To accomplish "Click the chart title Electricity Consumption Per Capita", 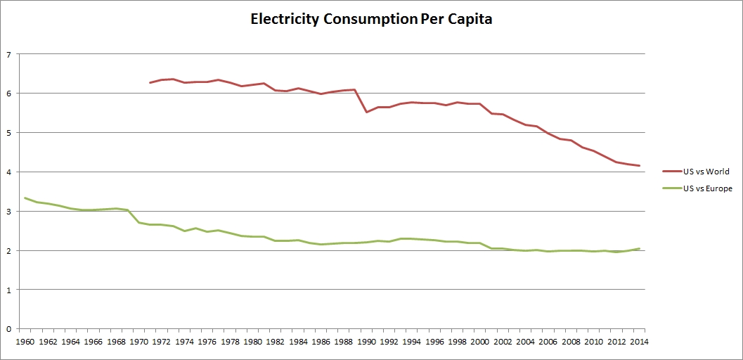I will [371, 20].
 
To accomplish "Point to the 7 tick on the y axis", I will [8, 54].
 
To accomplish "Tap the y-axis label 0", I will [8, 329].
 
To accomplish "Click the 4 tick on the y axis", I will [8, 172].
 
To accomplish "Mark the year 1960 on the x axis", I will [25, 342].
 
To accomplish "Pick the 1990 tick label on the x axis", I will [367, 342].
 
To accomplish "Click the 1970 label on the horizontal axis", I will [139, 342].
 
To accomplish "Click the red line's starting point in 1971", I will [150, 83].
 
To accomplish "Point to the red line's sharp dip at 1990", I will [367, 112].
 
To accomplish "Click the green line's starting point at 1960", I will [25, 198].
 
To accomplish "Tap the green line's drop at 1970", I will [139, 222].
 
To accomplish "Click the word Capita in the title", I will [467, 20].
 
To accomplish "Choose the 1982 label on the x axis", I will [276, 342].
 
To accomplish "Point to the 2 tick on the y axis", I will [8, 251].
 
